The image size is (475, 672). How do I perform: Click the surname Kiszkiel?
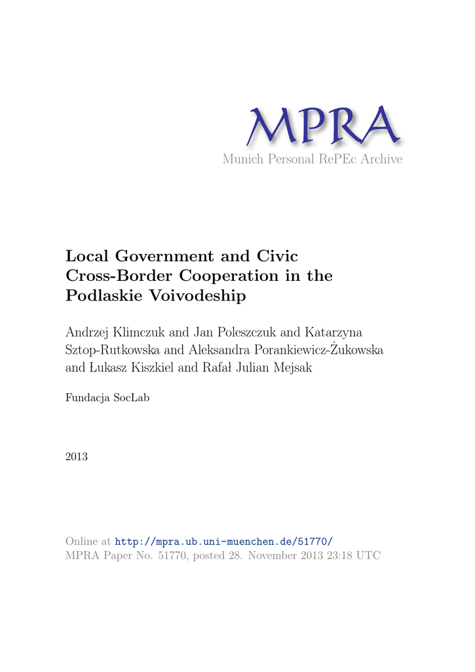point(148,367)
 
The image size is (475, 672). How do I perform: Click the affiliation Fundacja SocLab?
point(107,397)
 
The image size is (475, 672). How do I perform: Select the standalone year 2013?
point(77,456)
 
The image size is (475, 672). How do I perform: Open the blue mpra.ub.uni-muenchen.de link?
point(224,541)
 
